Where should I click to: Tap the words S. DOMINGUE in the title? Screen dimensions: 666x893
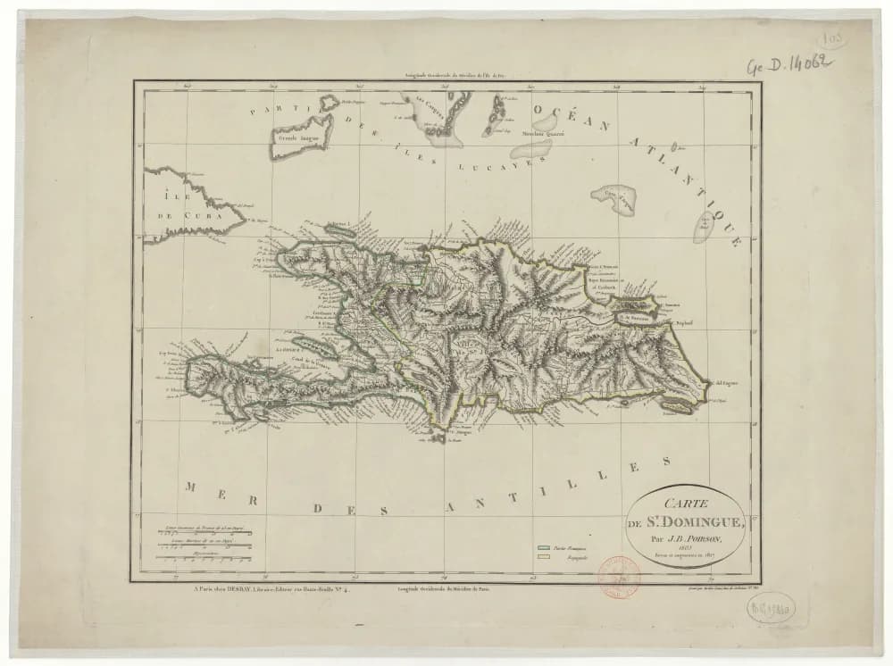697,522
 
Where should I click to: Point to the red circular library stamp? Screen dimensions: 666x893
619,576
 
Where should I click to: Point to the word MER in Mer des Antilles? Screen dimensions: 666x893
204,488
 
